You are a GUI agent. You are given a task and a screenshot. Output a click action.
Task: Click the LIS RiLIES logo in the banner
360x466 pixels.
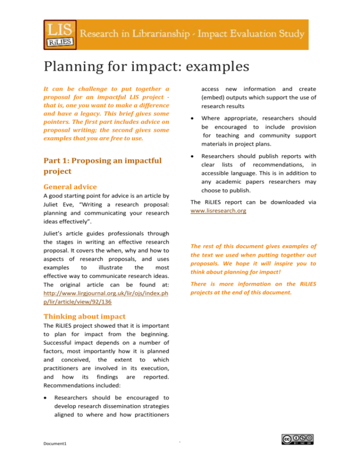click(x=59, y=34)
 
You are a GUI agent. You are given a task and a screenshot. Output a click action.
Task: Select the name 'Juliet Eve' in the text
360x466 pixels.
click(x=61, y=205)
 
